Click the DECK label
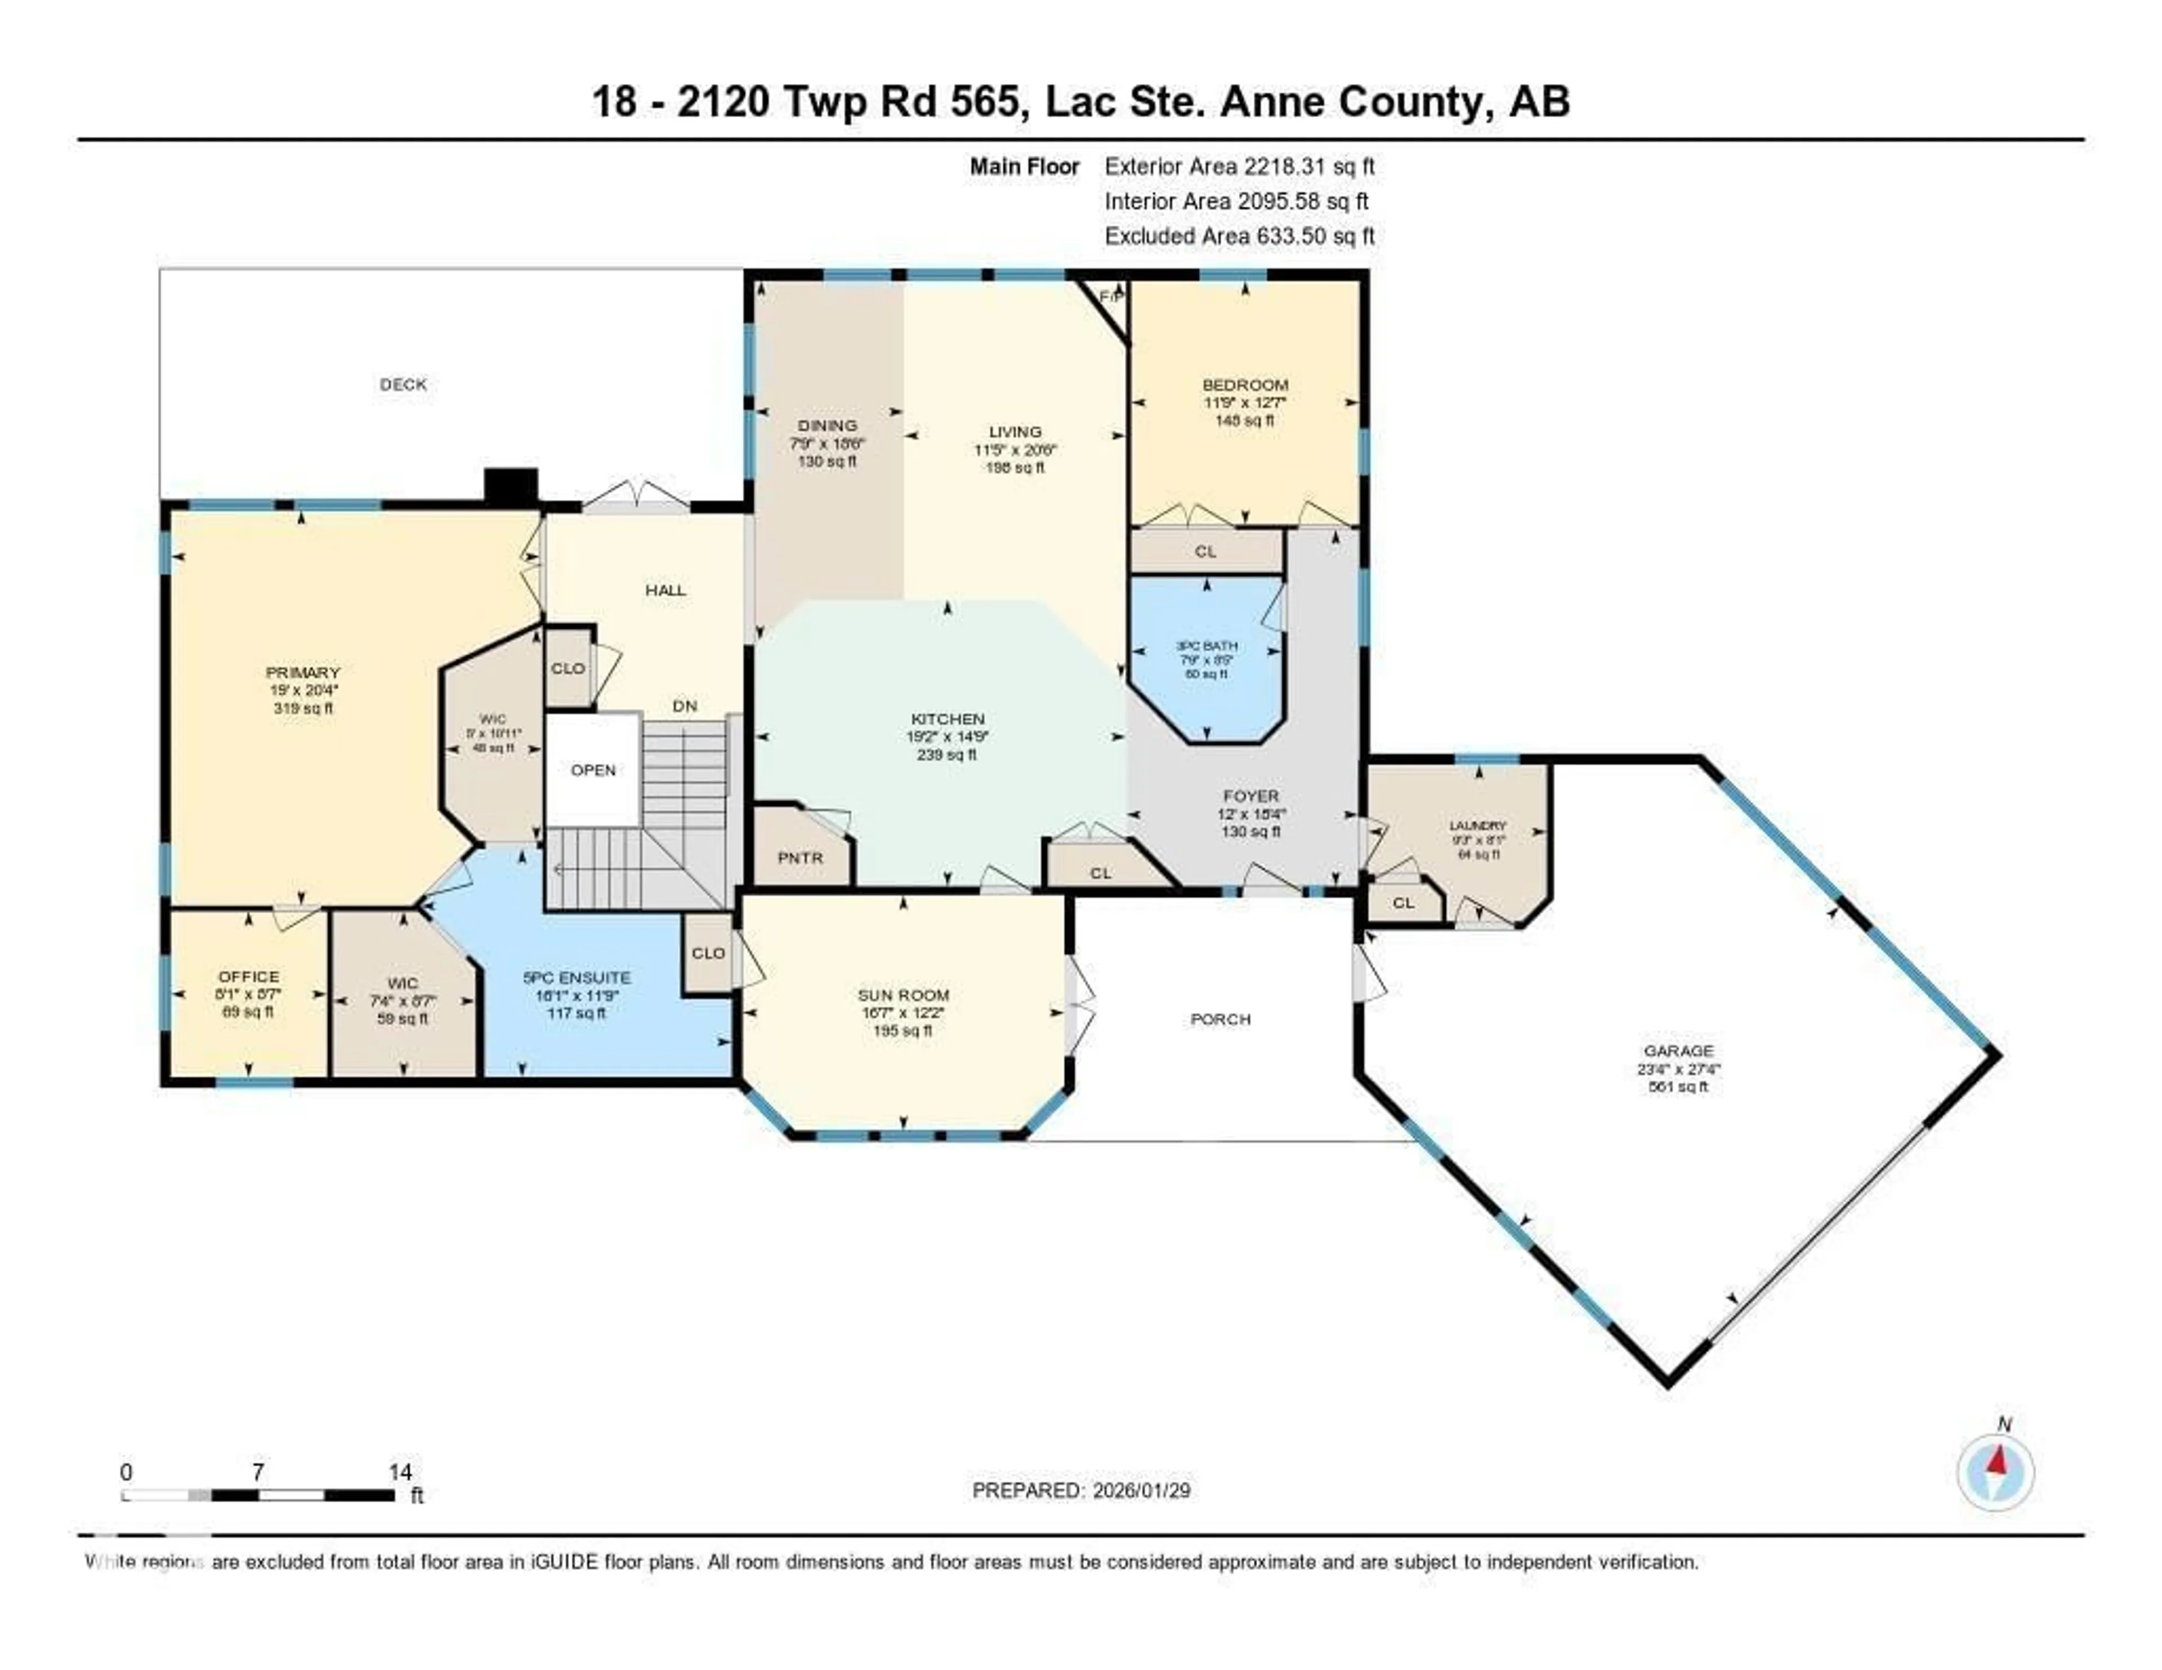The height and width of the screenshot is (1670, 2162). (x=403, y=384)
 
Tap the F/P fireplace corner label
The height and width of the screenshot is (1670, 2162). (x=1111, y=297)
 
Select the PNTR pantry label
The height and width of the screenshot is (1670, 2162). (x=800, y=858)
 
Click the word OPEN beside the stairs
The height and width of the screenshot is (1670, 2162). (x=593, y=770)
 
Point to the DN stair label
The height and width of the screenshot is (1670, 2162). (x=685, y=706)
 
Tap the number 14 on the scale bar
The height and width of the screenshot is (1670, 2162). (x=400, y=1472)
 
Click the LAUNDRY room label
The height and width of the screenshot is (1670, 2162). (x=1478, y=825)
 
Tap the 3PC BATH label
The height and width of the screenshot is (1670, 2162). (x=1207, y=645)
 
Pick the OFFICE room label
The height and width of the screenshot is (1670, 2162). (x=248, y=976)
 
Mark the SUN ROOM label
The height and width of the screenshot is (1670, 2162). (x=903, y=995)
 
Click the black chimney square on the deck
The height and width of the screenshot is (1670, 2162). (x=511, y=486)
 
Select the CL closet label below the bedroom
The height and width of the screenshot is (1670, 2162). (x=1205, y=551)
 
